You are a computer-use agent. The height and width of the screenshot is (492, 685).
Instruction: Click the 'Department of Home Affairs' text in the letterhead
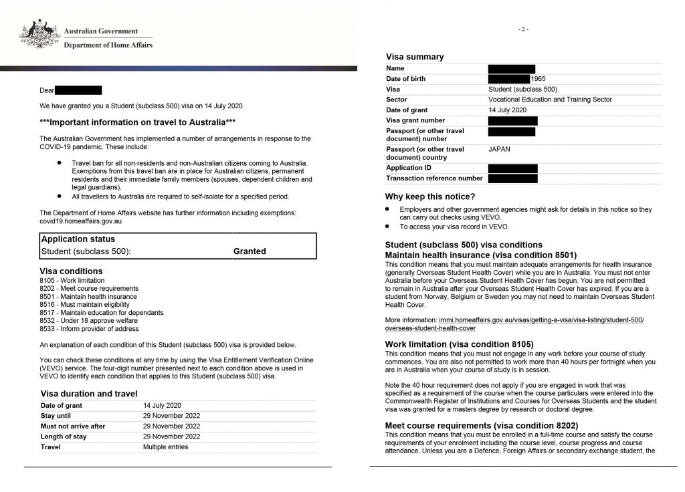tap(108, 45)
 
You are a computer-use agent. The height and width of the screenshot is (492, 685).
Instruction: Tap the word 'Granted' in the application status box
tap(250, 251)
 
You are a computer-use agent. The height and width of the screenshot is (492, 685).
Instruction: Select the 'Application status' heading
tap(78, 239)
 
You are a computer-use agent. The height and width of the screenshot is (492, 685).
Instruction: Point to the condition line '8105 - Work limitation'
tap(72, 281)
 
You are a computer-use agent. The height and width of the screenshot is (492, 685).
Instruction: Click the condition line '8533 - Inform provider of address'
tap(90, 329)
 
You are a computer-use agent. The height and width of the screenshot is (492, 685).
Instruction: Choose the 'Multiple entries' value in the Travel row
tap(166, 447)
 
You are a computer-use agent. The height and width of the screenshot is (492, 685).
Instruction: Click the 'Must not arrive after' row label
tap(73, 426)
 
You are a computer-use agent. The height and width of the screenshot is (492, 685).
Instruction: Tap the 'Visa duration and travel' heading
tap(89, 394)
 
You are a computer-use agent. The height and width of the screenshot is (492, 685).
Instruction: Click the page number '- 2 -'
tap(523, 29)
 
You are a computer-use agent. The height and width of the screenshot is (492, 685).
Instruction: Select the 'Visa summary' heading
tap(414, 57)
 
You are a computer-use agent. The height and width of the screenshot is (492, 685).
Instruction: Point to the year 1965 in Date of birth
tap(539, 79)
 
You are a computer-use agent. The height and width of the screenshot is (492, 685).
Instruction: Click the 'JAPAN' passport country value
tap(499, 150)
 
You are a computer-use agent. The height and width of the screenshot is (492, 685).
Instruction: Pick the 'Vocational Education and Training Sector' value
tap(550, 100)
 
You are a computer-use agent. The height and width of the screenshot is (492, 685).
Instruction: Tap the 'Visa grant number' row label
tap(415, 120)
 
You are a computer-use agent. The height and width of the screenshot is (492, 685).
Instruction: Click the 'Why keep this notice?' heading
tap(430, 197)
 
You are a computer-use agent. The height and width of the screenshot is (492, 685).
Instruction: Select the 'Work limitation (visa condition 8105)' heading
tap(459, 344)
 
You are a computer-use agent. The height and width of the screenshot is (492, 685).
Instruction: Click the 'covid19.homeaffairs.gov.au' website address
tap(81, 221)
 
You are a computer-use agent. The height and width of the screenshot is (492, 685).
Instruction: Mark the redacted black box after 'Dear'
tap(78, 90)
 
